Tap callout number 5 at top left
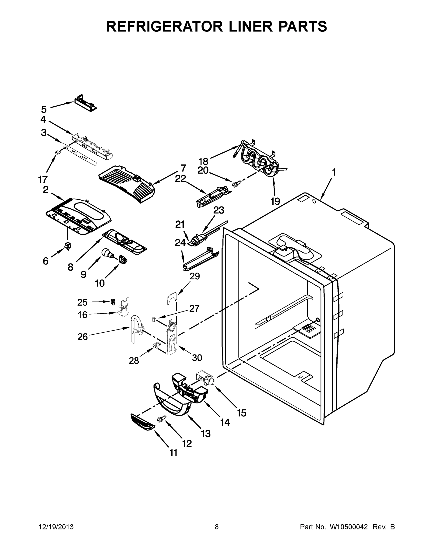point(44,109)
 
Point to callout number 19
point(275,201)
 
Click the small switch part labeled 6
point(68,246)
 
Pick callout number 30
point(197,358)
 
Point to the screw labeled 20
point(236,183)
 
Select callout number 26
point(83,336)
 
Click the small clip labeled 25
point(113,301)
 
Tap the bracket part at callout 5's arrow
point(86,103)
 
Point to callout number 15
point(241,413)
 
